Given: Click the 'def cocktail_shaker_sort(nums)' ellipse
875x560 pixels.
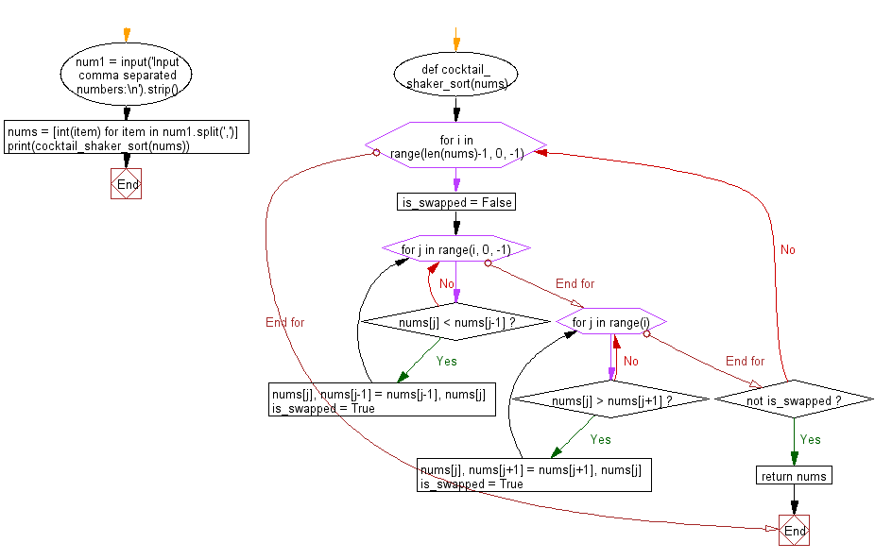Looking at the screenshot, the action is [455, 75].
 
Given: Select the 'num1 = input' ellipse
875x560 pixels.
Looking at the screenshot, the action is [126, 75].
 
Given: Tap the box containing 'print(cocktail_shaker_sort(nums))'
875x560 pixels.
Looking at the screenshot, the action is [127, 137].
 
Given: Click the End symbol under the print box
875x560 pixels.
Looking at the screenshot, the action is [126, 183].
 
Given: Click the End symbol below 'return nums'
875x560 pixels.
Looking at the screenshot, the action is [794, 531].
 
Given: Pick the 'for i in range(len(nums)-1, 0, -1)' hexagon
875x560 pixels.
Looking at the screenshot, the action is [455, 145].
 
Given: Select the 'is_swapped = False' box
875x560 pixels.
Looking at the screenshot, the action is [456, 202].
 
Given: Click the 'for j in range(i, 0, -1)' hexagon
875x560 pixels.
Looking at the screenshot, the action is [455, 248].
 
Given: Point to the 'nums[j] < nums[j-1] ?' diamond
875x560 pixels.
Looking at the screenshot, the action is [455, 322].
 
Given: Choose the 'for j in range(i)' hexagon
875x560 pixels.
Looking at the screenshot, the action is [611, 322].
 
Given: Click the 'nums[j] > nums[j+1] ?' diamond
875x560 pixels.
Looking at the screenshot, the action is [611, 399].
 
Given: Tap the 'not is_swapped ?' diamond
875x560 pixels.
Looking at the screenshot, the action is [794, 399].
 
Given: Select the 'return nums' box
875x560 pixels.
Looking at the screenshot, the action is [794, 476].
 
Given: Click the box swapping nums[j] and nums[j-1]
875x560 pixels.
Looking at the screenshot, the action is [383, 399].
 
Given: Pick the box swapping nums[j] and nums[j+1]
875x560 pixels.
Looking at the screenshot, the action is [534, 475].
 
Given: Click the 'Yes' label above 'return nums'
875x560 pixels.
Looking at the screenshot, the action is [810, 439].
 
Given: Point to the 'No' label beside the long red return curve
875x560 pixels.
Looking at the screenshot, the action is [788, 250].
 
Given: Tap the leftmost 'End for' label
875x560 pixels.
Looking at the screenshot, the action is [285, 322].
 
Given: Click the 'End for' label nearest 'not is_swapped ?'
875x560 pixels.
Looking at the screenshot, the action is [745, 362].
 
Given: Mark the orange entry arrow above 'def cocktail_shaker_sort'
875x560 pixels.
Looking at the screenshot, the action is [456, 40].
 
